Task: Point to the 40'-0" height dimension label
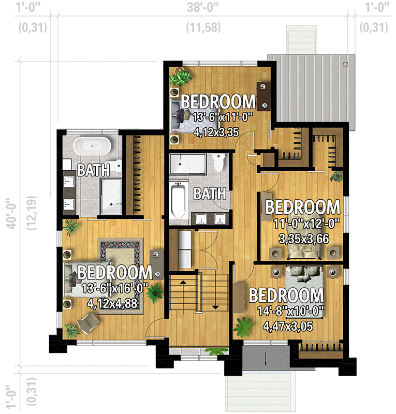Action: pyautogui.click(x=10, y=213)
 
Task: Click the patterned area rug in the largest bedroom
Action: pyautogui.click(x=120, y=254)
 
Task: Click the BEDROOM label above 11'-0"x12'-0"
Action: pyautogui.click(x=302, y=207)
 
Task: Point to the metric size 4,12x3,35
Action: pyautogui.click(x=216, y=132)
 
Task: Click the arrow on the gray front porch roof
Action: pyautogui.click(x=265, y=359)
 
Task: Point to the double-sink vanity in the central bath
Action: pyautogui.click(x=213, y=219)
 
